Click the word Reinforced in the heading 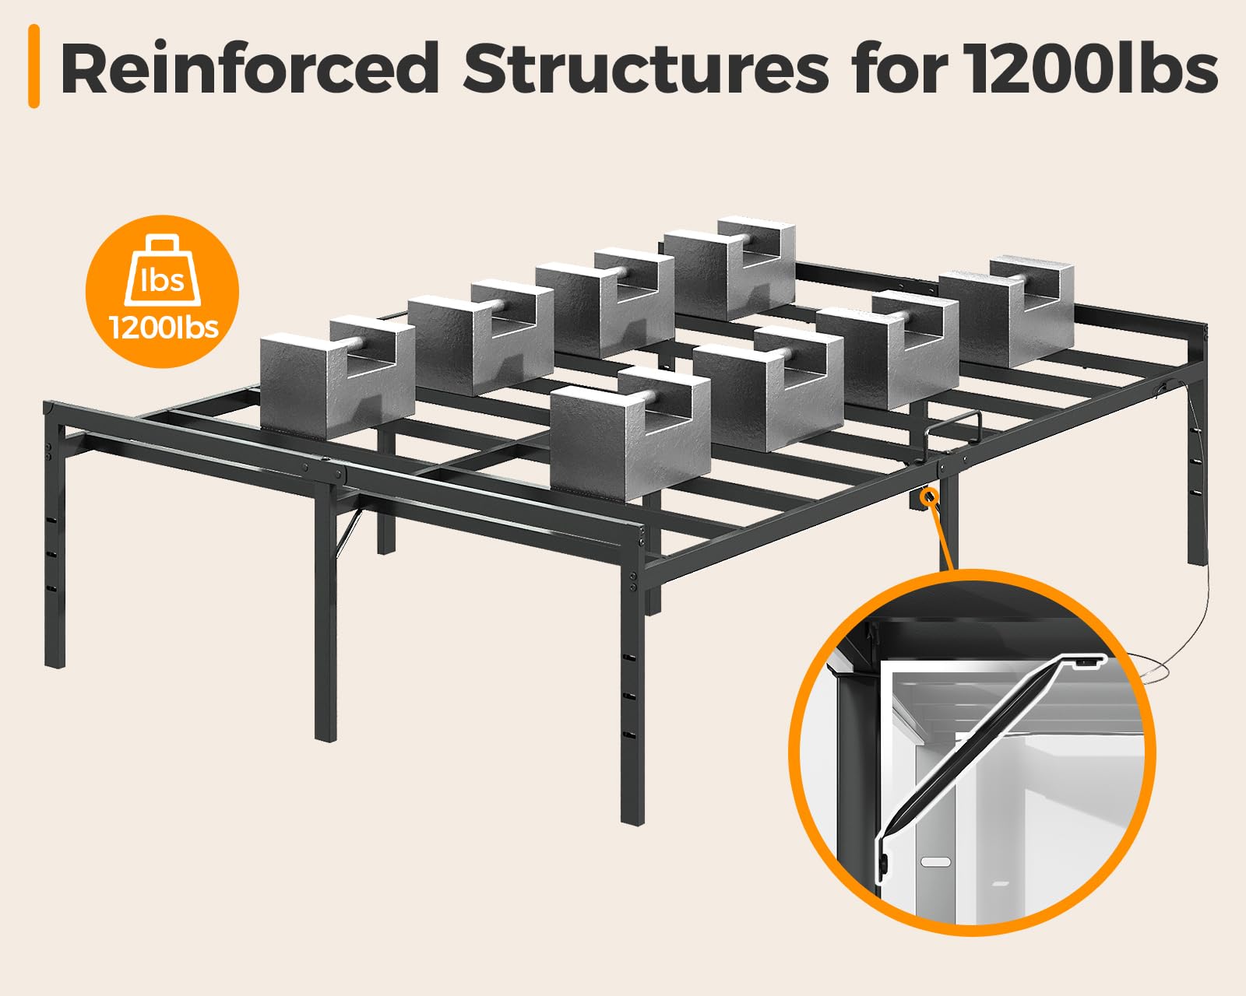[250, 68]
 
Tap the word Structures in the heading [646, 68]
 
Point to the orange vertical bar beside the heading [33, 66]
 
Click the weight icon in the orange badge [163, 270]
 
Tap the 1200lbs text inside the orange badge [164, 328]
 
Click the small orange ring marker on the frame [929, 496]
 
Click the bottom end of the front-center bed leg [633, 821]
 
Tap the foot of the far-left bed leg [55, 665]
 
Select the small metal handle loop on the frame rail [953, 427]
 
